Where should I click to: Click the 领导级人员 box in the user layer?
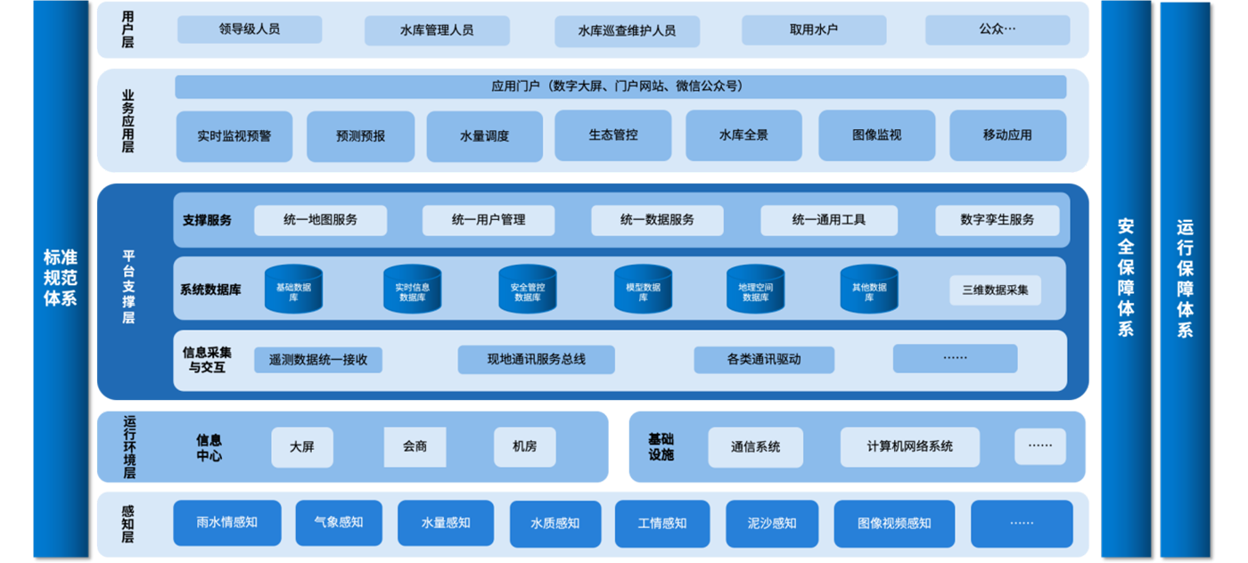pos(250,29)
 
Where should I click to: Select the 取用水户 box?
pos(814,29)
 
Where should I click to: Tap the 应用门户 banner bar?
pos(620,86)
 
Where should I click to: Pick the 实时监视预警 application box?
pos(234,136)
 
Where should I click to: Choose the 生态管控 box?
pos(613,135)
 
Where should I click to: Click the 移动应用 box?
pos(1007,135)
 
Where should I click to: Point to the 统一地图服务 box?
pos(320,220)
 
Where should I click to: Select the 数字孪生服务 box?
pos(997,220)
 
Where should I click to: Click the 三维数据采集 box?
pos(995,290)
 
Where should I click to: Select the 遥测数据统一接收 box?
pos(318,360)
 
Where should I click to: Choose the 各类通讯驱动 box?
pos(764,360)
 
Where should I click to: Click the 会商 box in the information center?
pos(415,447)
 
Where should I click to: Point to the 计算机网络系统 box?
pos(909,447)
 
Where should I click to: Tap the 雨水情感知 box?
pos(226,523)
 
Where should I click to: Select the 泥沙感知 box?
pos(772,523)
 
